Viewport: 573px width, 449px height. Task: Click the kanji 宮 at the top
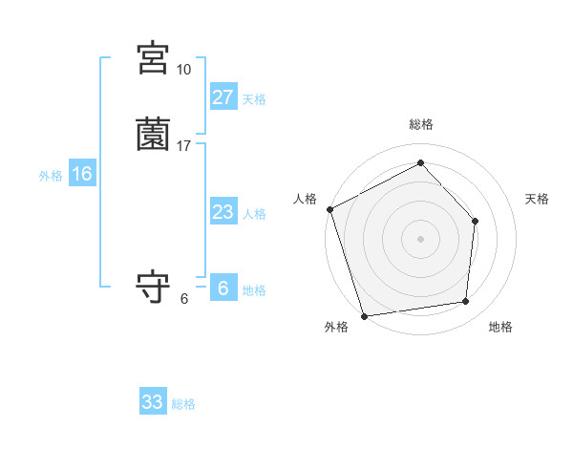tap(153, 58)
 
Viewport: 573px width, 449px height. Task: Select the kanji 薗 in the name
tap(153, 135)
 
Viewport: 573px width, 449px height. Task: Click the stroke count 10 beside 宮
tap(183, 70)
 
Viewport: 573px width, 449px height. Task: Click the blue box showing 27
tap(223, 97)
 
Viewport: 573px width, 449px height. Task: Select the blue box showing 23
tap(223, 212)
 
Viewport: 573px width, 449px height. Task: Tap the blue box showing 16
tap(82, 174)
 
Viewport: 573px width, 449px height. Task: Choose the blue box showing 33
tap(153, 402)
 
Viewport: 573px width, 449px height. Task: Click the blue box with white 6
tap(223, 289)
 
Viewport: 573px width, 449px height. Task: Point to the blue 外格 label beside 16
tap(51, 176)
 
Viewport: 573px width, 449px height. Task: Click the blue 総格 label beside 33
tap(183, 404)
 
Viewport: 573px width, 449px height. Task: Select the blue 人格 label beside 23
tap(254, 214)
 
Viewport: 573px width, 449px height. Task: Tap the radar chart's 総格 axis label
tap(420, 124)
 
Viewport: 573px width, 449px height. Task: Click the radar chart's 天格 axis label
tap(537, 199)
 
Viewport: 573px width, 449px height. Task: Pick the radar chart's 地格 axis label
tap(500, 328)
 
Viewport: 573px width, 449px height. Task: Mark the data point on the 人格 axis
tap(329, 208)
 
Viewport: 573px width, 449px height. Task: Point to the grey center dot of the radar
tap(420, 238)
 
